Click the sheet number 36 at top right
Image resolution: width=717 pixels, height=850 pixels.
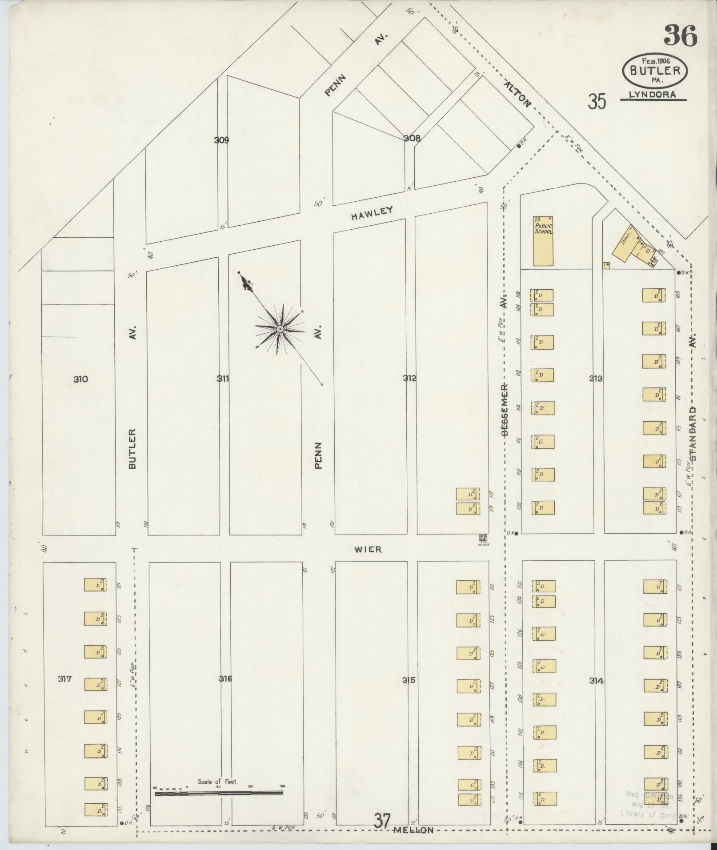[x=680, y=36]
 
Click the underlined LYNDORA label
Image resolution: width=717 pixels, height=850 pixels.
[x=653, y=95]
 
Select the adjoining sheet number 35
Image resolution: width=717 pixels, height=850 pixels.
[x=597, y=102]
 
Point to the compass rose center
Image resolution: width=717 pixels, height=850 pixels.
[x=280, y=329]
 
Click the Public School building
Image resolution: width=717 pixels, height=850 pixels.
[x=543, y=241]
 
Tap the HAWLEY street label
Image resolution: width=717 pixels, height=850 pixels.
[x=372, y=213]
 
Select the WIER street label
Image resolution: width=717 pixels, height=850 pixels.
[x=368, y=550]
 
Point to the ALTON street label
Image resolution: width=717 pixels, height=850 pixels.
[x=518, y=94]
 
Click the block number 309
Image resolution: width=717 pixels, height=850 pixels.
[x=221, y=140]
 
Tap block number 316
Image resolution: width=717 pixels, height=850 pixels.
[x=225, y=678]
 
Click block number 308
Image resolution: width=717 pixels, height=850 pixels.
[x=412, y=138]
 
